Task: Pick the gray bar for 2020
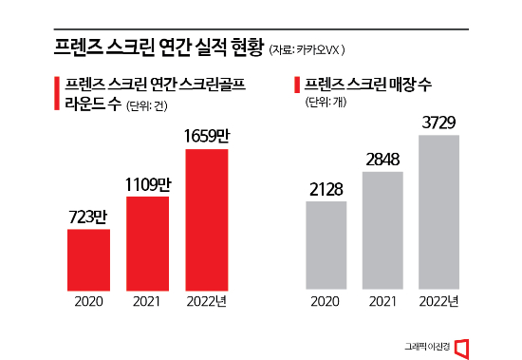[326, 243]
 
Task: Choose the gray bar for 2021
[382, 229]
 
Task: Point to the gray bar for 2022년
[438, 210]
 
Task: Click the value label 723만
[88, 215]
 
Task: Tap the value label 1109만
[146, 182]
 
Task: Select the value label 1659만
[207, 137]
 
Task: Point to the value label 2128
[326, 187]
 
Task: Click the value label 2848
[382, 158]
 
